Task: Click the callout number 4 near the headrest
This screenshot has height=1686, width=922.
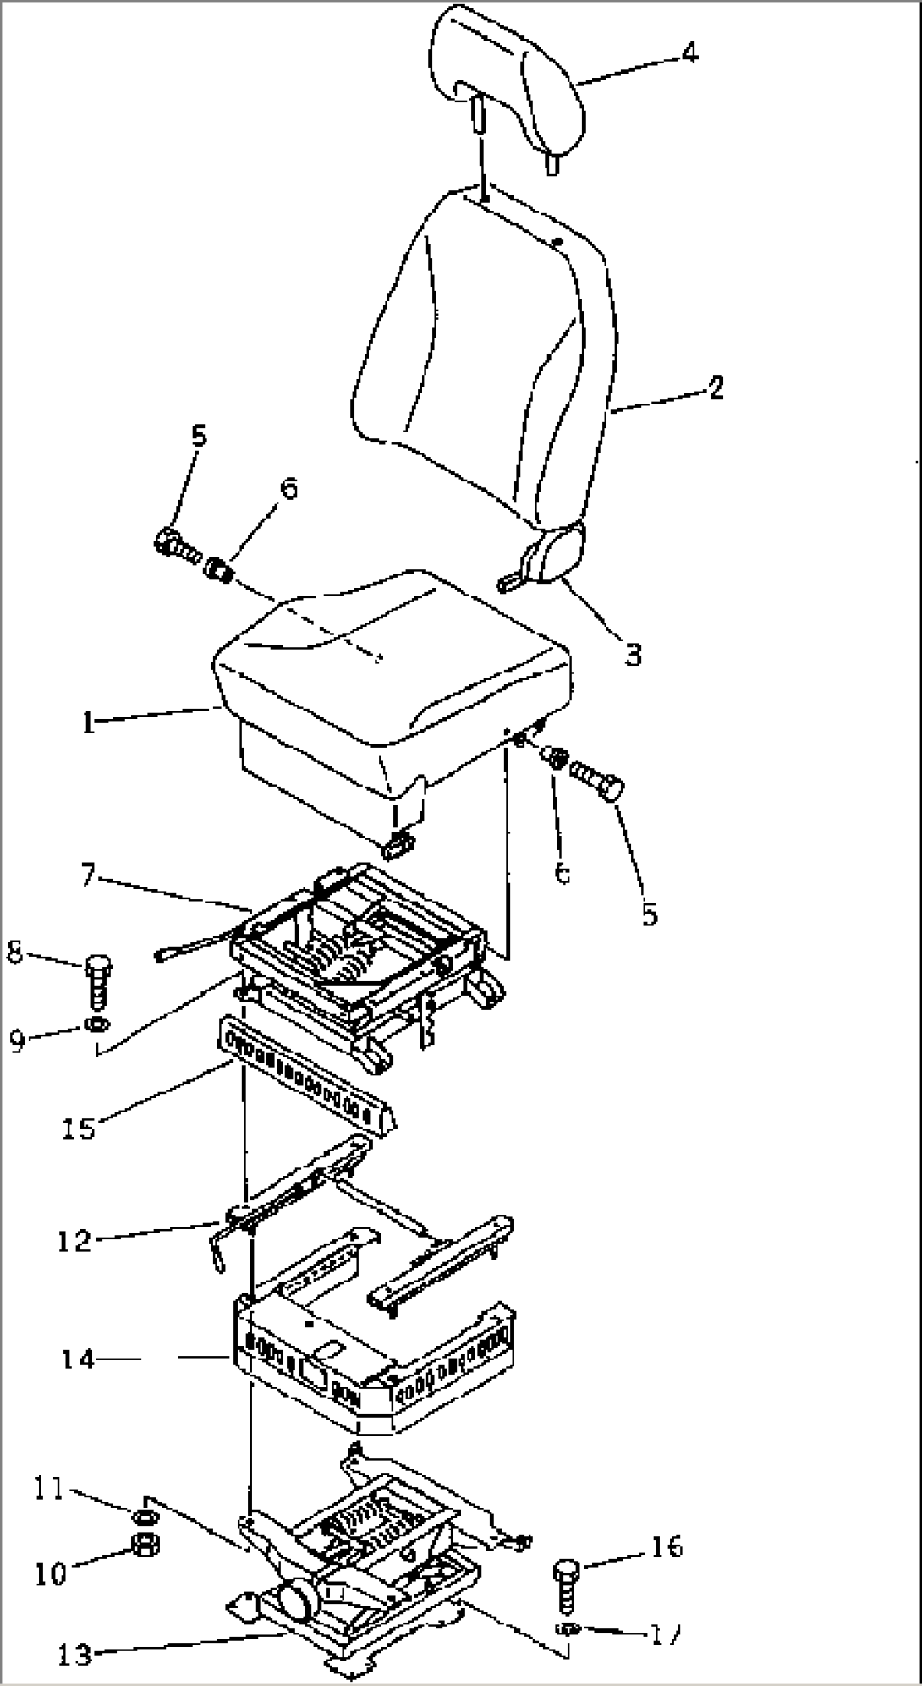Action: point(690,53)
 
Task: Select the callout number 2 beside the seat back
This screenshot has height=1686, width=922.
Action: point(716,388)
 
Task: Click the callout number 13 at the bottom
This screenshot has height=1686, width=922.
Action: point(76,1653)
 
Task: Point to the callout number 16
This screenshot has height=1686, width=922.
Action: point(666,1546)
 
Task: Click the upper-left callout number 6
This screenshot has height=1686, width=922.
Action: point(288,490)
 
